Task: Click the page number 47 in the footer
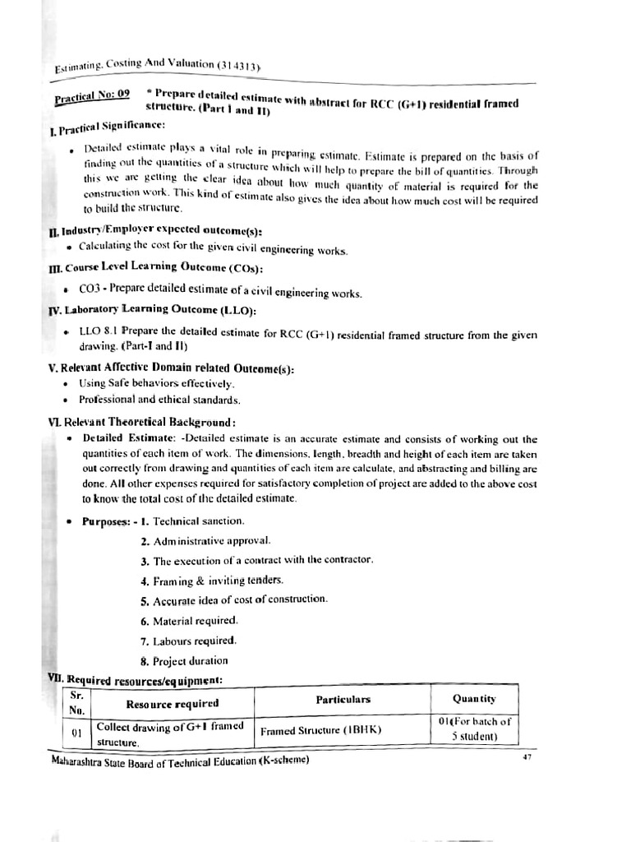pyautogui.click(x=527, y=756)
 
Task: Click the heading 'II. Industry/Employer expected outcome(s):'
pyautogui.click(x=155, y=233)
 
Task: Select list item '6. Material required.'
pyautogui.click(x=189, y=621)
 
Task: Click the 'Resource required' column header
pyautogui.click(x=173, y=703)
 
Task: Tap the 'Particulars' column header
pyautogui.click(x=343, y=700)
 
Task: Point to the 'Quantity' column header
pyautogui.click(x=475, y=699)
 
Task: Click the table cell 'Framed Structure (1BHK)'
pyautogui.click(x=321, y=730)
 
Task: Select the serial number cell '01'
pyautogui.click(x=77, y=731)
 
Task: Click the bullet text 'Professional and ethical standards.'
pyautogui.click(x=159, y=400)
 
